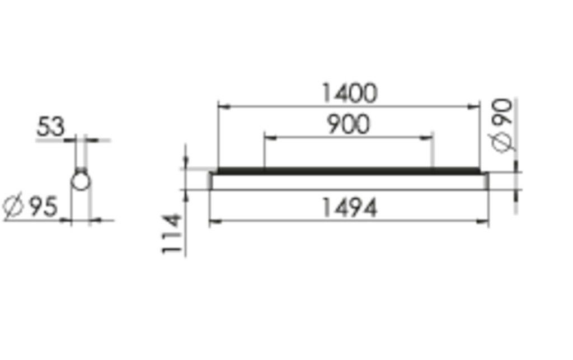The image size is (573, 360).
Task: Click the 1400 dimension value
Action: pos(349,93)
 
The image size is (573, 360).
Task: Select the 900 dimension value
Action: pos(348,124)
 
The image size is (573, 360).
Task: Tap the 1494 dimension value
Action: pos(349,208)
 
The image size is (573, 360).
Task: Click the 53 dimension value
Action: pos(50,128)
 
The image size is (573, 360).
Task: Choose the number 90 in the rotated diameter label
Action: pos(502,114)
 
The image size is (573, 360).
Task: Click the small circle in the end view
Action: pos(80,181)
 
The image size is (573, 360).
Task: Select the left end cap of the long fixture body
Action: pos(211,181)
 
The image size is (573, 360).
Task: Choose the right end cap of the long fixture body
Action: pos(486,181)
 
